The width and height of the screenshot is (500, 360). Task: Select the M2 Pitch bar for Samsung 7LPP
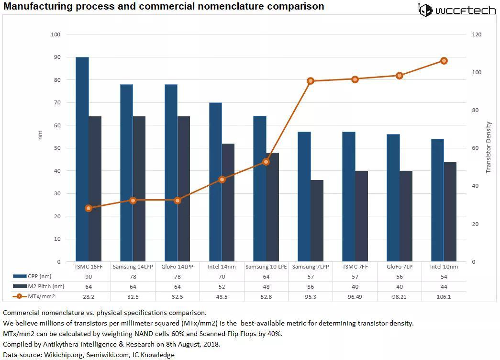pyautogui.click(x=317, y=221)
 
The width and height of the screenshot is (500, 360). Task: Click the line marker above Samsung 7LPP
pyautogui.click(x=311, y=81)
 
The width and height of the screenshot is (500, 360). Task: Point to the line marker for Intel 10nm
pyautogui.click(x=444, y=61)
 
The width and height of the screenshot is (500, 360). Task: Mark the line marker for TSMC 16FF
pyautogui.click(x=89, y=208)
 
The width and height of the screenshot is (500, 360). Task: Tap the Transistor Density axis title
pyautogui.click(x=489, y=147)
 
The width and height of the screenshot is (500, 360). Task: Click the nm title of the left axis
pyautogui.click(x=40, y=135)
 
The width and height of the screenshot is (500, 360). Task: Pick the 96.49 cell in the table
pyautogui.click(x=355, y=296)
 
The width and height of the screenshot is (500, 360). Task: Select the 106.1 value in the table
pyautogui.click(x=444, y=296)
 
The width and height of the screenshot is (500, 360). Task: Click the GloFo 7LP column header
pyautogui.click(x=400, y=267)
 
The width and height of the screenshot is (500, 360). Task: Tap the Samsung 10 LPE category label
pyautogui.click(x=266, y=267)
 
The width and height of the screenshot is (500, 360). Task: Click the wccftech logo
pyautogui.click(x=457, y=10)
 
